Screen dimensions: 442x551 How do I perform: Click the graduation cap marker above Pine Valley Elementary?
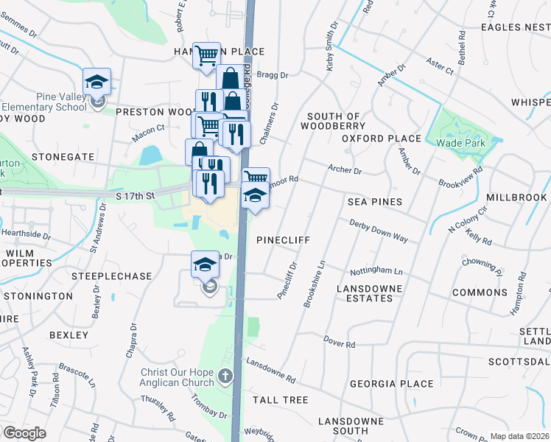tap(96, 82)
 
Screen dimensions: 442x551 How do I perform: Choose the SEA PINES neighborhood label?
tap(376, 202)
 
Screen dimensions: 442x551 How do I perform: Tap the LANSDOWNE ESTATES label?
tap(365, 293)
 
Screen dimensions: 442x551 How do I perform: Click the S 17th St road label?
tap(136, 196)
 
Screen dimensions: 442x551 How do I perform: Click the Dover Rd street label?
tap(340, 343)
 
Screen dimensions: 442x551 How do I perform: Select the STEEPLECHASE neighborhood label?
tap(111, 276)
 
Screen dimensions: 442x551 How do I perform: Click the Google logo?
tap(24, 433)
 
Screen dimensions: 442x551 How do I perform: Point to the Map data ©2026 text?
tap(519, 436)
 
